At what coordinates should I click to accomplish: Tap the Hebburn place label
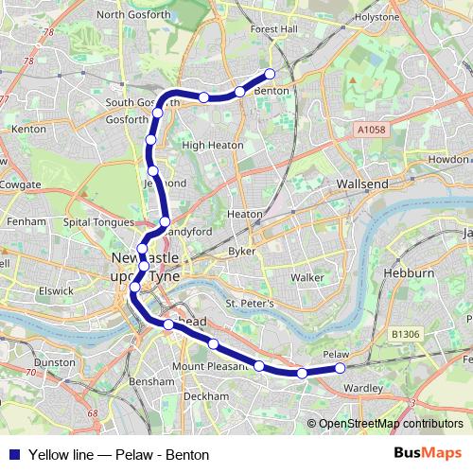(408, 273)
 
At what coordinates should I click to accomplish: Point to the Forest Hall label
(273, 29)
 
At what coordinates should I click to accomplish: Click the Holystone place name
(378, 17)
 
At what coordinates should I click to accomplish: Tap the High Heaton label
(213, 146)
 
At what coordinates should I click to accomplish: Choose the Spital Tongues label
(94, 221)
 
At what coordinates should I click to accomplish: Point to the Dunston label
(54, 362)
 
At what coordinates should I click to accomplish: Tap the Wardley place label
(362, 388)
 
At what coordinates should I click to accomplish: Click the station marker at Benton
(270, 74)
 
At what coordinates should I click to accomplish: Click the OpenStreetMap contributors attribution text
(391, 423)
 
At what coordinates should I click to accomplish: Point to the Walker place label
(308, 277)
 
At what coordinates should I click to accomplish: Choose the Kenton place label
(29, 128)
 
